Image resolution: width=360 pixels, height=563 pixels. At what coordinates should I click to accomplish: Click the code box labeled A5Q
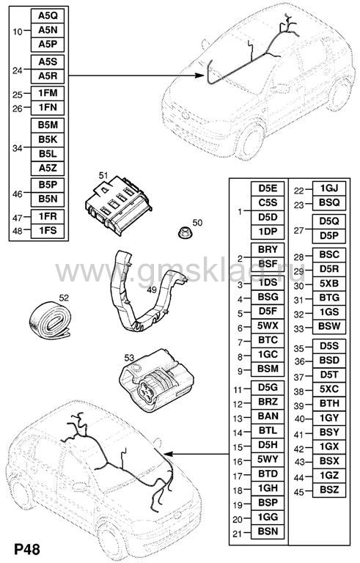(x=48, y=16)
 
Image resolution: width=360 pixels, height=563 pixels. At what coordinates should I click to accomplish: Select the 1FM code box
(x=48, y=93)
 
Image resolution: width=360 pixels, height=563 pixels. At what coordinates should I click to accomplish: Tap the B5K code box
(x=48, y=140)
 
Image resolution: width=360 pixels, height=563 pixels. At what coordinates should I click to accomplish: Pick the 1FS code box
(x=48, y=231)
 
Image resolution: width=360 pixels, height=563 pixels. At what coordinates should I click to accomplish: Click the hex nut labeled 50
(x=185, y=232)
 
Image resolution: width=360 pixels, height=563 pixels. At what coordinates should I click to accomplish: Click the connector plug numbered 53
(x=156, y=380)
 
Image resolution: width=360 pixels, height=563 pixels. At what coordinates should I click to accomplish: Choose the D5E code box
(x=268, y=189)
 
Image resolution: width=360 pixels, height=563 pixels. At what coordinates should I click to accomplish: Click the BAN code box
(x=268, y=416)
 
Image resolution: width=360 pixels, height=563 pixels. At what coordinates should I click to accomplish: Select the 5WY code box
(x=268, y=460)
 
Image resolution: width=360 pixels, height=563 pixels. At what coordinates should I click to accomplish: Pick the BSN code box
(x=268, y=531)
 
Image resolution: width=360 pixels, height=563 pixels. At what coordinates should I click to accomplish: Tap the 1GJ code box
(x=329, y=189)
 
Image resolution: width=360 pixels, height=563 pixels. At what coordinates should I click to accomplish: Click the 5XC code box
(x=329, y=389)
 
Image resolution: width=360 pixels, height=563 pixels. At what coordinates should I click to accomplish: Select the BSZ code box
(x=329, y=490)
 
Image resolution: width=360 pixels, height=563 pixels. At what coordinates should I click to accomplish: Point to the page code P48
(x=27, y=550)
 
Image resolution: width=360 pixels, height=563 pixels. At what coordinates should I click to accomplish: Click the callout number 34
(x=18, y=148)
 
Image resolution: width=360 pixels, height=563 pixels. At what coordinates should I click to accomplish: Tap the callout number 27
(x=299, y=230)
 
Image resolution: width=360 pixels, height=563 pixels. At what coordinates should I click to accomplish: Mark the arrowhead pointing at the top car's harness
(x=199, y=76)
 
